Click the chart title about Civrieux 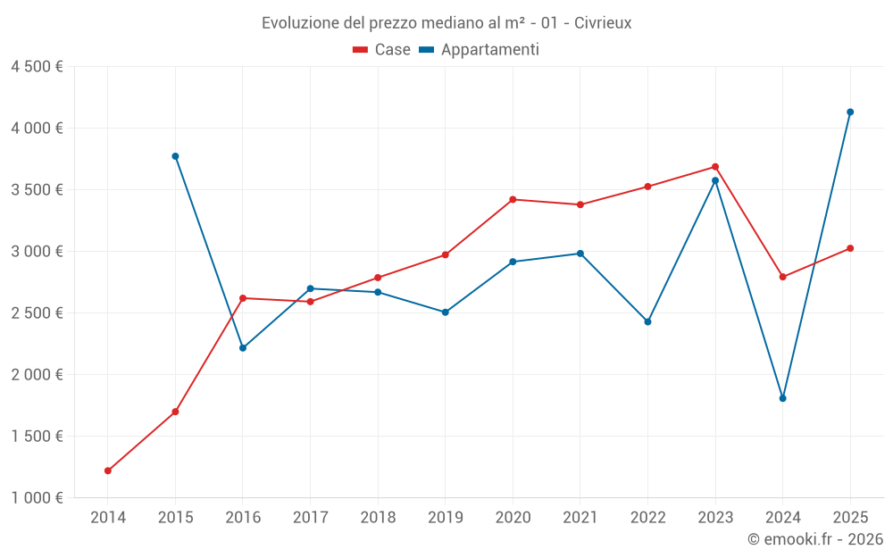(446, 23)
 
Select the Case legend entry (382, 50)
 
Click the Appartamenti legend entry (480, 50)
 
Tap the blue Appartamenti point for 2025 (850, 112)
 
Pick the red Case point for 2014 (108, 471)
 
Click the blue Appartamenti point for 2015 (175, 156)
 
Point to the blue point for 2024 (782, 398)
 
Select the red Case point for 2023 (715, 167)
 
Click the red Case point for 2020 (513, 199)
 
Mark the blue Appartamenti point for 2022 (647, 321)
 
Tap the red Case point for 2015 (175, 412)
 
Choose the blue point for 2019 (445, 312)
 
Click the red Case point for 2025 (850, 248)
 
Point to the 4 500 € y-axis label (37, 67)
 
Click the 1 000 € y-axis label (37, 498)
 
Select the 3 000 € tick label (37, 252)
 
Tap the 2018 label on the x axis (378, 518)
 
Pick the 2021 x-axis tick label (580, 518)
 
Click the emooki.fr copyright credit (814, 539)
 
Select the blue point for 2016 (243, 348)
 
